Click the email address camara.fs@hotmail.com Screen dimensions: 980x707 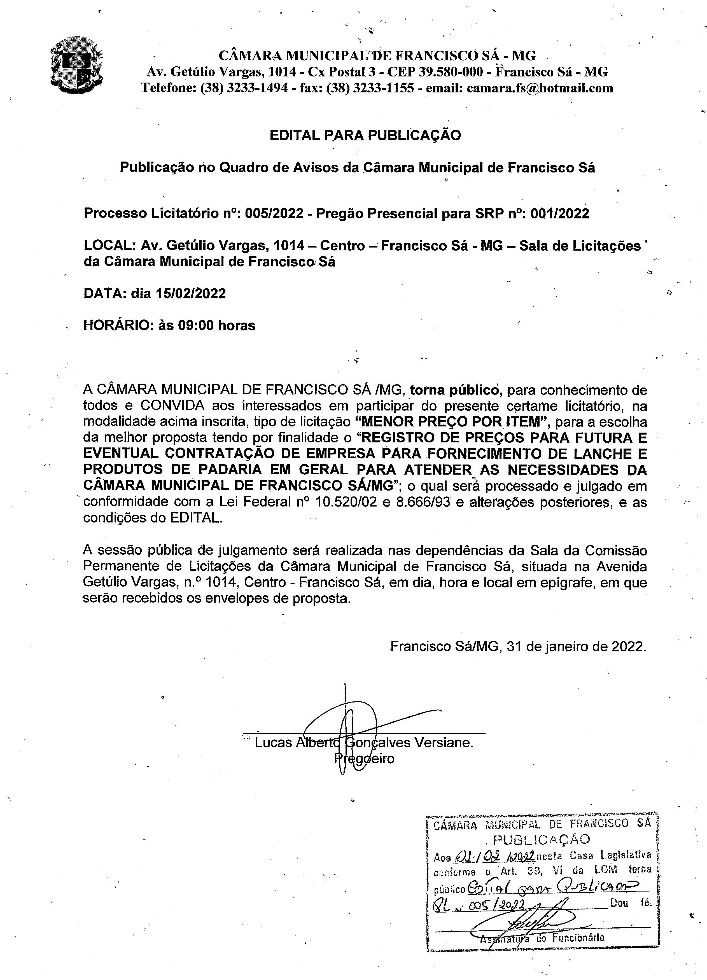click(x=540, y=88)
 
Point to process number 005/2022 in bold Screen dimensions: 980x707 click(x=274, y=213)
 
